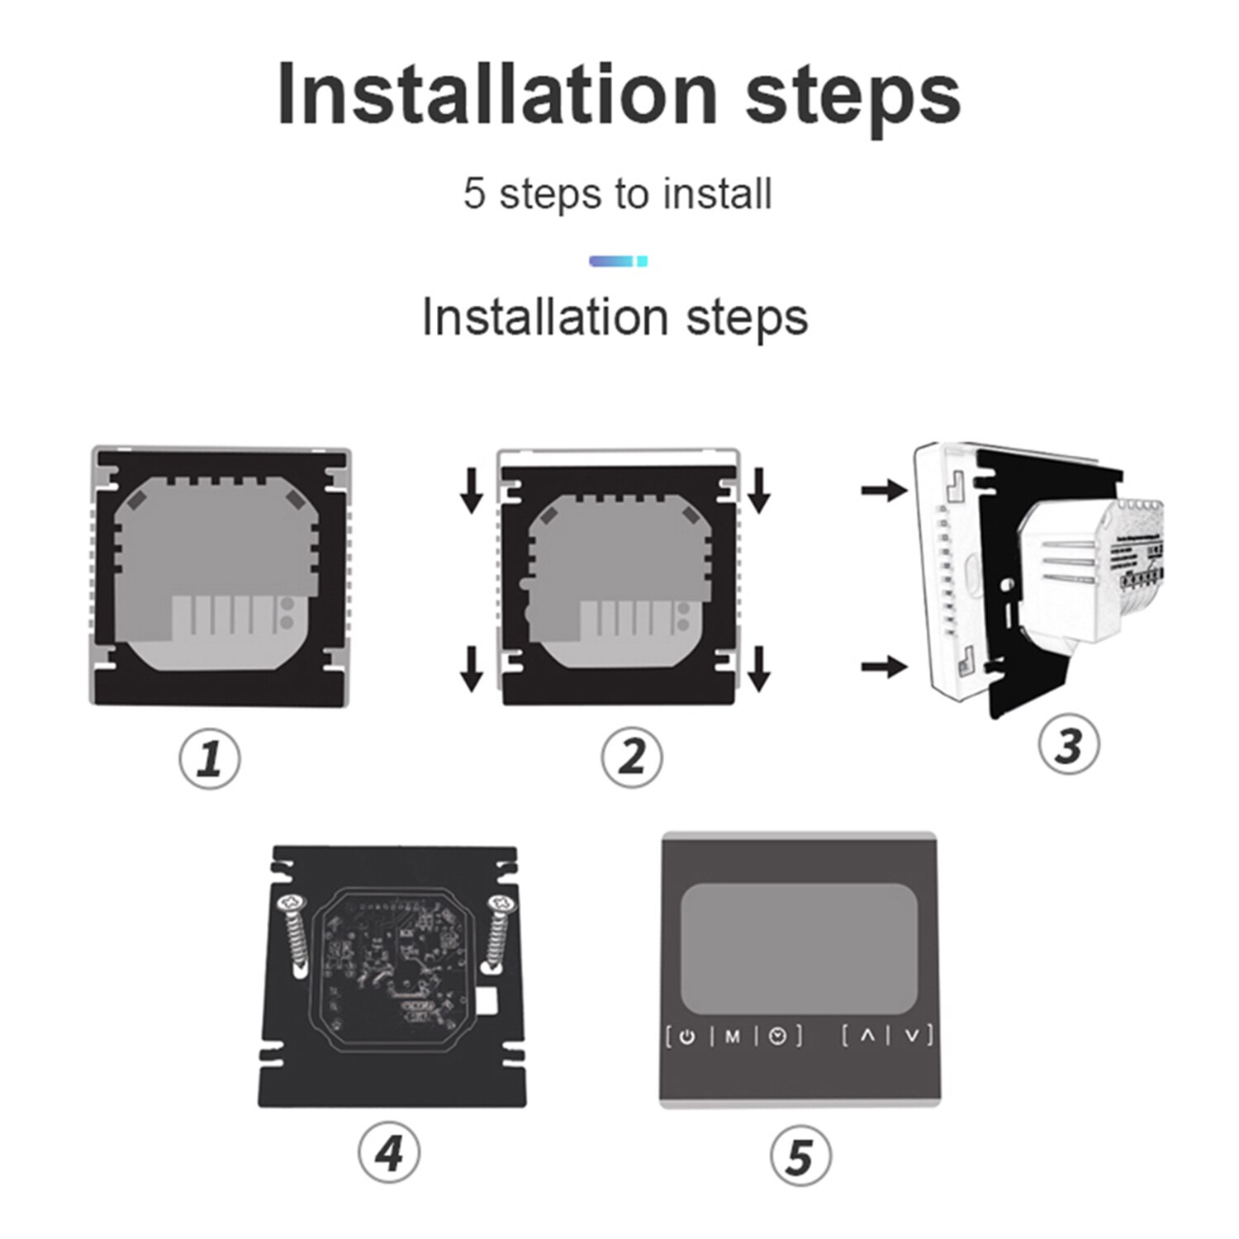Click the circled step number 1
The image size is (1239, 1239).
click(210, 758)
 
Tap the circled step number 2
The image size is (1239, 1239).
click(632, 757)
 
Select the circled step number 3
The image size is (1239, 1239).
click(1069, 744)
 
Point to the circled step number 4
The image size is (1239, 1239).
click(389, 1152)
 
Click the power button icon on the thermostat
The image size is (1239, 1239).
click(687, 1037)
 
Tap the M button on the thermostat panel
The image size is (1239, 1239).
click(733, 1037)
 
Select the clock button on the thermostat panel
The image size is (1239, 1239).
click(778, 1037)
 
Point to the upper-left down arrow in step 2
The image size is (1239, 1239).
click(472, 489)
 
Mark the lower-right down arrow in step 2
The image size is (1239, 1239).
click(759, 668)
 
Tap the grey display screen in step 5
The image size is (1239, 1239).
click(799, 948)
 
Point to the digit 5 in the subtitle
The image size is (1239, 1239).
click(474, 193)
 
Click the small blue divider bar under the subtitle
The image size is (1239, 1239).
click(618, 261)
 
